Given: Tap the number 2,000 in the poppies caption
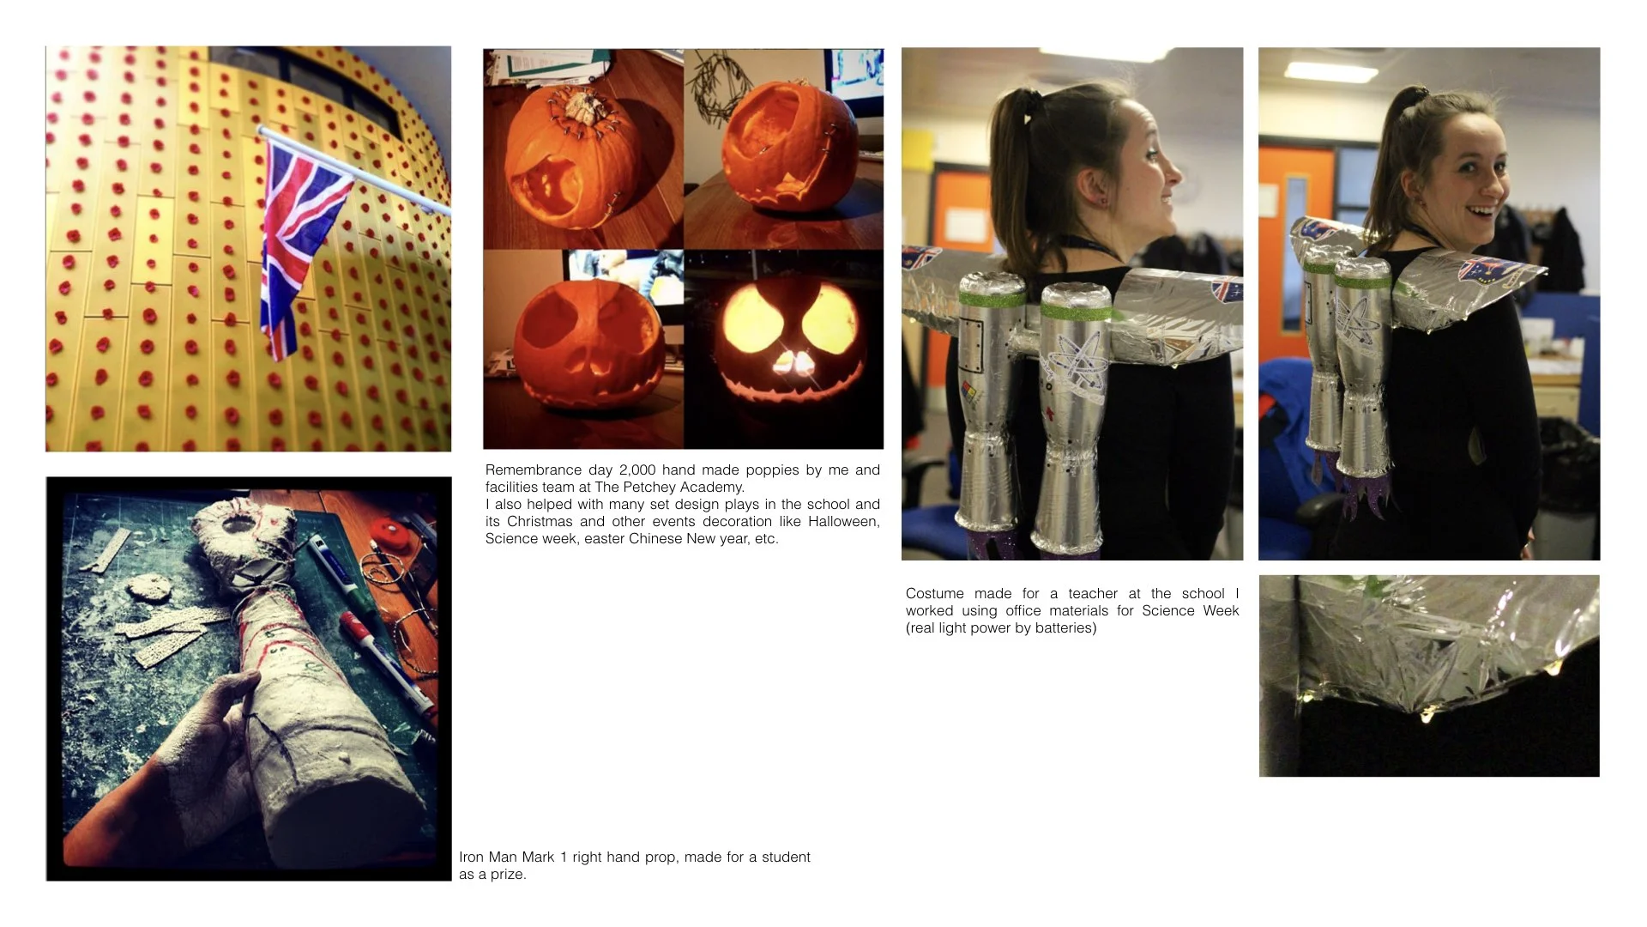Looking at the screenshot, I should coord(636,470).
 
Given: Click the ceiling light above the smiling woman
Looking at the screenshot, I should coord(1330,72).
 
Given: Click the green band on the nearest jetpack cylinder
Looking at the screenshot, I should coord(1075,311).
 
